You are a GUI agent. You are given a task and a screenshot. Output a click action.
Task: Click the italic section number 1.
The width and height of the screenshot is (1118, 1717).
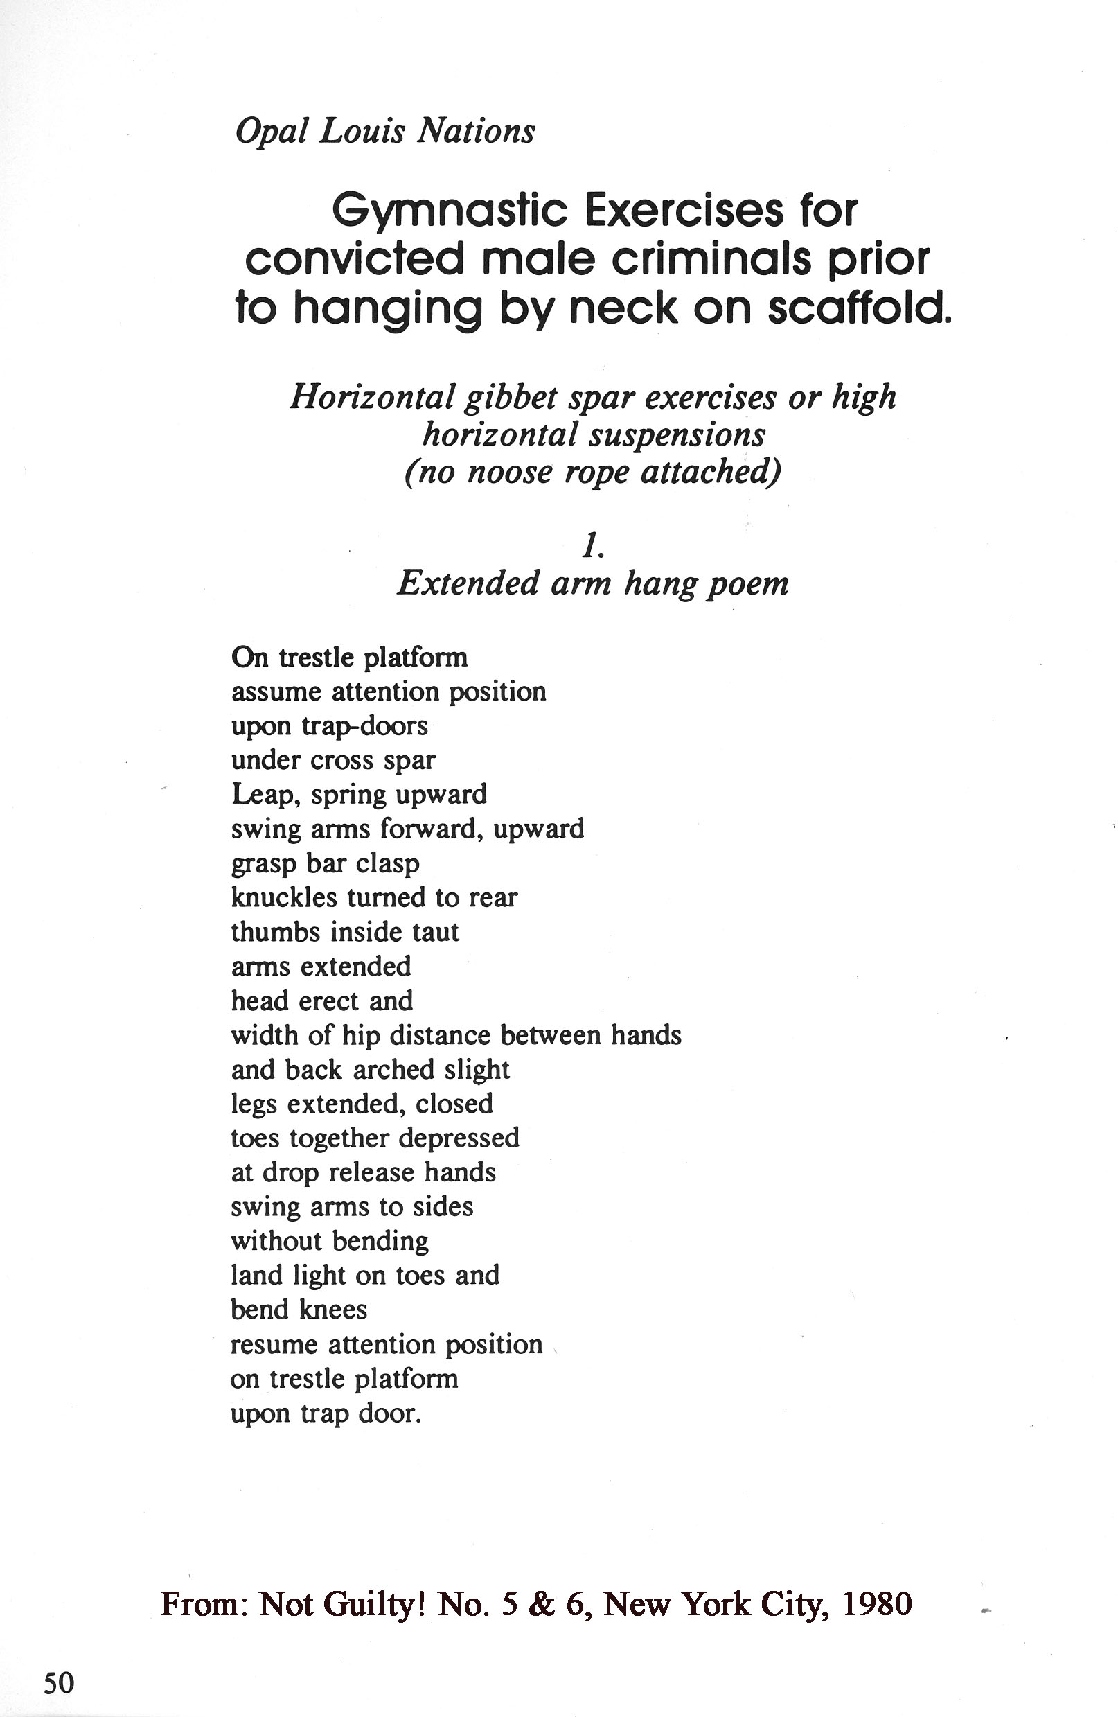(x=592, y=547)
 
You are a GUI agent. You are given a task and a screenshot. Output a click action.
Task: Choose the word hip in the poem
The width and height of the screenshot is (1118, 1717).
(x=361, y=1036)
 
